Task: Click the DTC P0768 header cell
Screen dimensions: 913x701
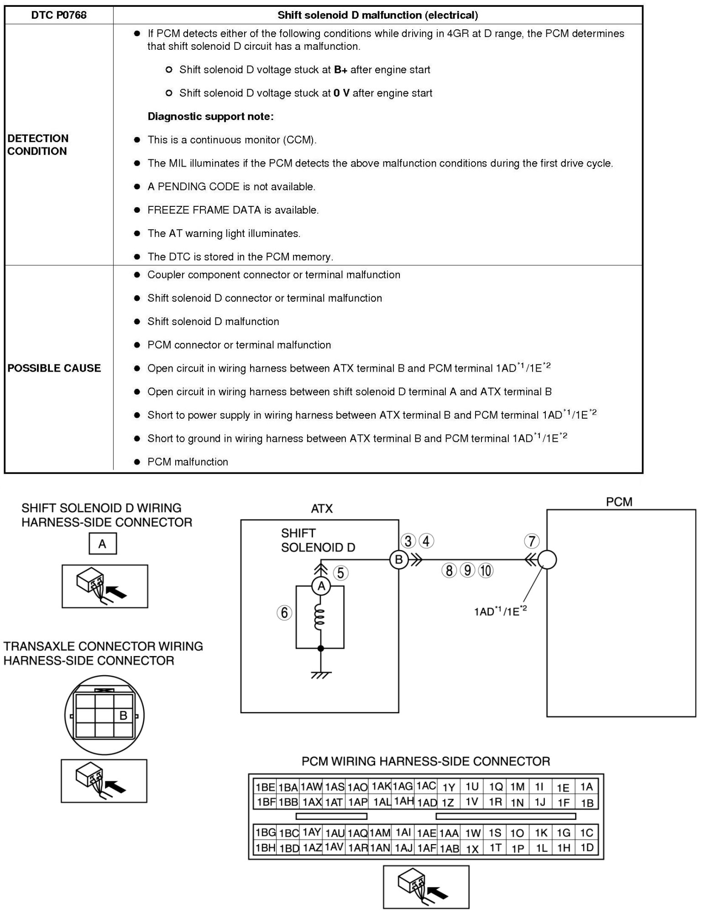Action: point(58,15)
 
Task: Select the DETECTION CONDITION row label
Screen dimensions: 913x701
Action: point(37,145)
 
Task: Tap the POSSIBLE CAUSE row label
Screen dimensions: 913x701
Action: point(54,368)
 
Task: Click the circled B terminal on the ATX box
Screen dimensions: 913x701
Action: point(398,560)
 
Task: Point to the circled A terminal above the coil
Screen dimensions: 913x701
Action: point(321,586)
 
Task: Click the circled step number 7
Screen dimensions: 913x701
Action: point(532,541)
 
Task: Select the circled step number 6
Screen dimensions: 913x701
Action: point(284,612)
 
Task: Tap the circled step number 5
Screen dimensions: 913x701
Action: point(340,572)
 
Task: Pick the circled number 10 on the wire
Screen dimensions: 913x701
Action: point(486,571)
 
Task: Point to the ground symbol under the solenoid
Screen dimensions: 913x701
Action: point(321,674)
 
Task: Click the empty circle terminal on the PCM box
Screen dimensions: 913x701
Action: point(547,560)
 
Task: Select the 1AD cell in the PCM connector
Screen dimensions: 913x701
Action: point(427,803)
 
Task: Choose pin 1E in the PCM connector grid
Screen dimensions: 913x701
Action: point(563,787)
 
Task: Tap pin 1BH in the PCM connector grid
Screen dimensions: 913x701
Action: point(265,848)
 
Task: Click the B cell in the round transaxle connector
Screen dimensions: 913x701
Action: point(123,715)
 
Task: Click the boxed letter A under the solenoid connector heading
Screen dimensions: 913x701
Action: point(102,544)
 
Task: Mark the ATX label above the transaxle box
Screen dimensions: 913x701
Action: point(322,509)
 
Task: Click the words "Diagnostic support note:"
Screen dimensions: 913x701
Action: point(210,116)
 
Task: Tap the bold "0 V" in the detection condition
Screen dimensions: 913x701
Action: point(341,93)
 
